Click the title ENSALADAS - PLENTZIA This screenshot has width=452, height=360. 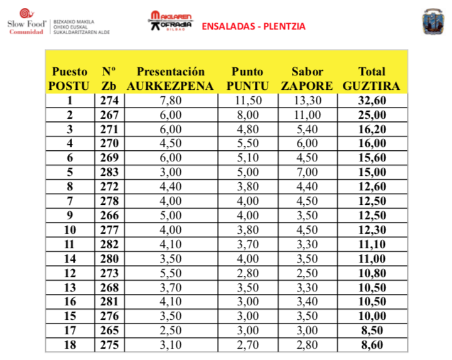[x=254, y=26]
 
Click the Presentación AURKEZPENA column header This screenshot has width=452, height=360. [x=171, y=79]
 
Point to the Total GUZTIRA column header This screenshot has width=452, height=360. [x=371, y=79]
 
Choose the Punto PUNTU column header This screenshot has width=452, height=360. [x=247, y=79]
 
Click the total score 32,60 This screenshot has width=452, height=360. [x=371, y=101]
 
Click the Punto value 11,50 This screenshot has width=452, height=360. [x=247, y=101]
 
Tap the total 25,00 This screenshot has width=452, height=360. [x=371, y=115]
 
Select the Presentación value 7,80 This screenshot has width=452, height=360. [x=171, y=101]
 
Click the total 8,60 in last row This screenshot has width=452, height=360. [x=371, y=346]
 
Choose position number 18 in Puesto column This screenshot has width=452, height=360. [x=70, y=346]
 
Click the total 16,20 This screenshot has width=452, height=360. [x=371, y=129]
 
